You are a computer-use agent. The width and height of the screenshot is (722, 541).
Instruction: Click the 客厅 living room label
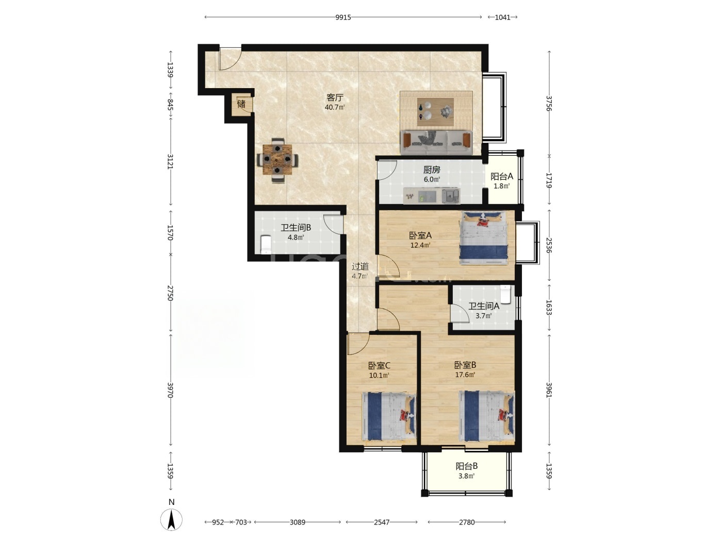click(x=335, y=97)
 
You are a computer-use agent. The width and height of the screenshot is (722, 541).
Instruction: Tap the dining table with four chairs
click(x=277, y=160)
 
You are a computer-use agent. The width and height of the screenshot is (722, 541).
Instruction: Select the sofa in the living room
click(x=436, y=142)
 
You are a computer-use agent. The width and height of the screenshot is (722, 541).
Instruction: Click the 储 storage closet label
click(x=241, y=104)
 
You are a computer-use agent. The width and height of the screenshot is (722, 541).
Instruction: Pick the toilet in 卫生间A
click(x=505, y=294)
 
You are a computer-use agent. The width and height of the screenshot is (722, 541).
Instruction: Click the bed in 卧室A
click(x=483, y=238)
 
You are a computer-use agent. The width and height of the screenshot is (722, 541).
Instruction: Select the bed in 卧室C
click(x=388, y=416)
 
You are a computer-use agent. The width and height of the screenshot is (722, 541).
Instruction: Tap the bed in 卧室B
click(x=486, y=416)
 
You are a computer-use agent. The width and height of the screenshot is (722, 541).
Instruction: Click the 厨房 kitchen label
click(x=432, y=170)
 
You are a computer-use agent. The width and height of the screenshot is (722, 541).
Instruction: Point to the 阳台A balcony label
click(x=502, y=177)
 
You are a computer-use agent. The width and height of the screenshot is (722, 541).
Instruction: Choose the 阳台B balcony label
click(x=466, y=466)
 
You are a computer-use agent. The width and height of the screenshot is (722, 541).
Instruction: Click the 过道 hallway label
click(x=360, y=267)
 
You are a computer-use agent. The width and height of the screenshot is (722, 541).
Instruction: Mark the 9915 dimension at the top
click(x=343, y=18)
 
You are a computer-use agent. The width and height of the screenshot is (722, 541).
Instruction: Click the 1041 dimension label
click(x=503, y=18)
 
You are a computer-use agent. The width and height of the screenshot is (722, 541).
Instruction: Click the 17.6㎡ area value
click(x=465, y=375)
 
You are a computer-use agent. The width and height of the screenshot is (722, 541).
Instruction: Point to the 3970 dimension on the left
click(x=170, y=390)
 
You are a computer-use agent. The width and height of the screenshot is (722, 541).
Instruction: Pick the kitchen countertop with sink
click(x=432, y=196)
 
